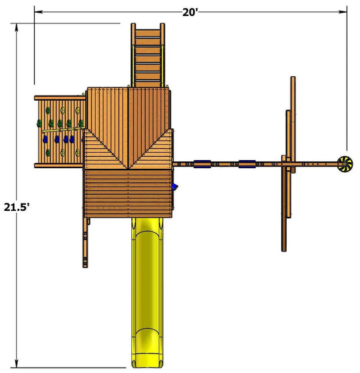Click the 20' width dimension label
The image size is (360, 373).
pyautogui.click(x=190, y=13)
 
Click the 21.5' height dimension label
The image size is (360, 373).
pyautogui.click(x=17, y=208)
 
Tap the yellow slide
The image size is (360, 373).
pyautogui.click(x=147, y=292)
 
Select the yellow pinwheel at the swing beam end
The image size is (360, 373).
pyautogui.click(x=345, y=164)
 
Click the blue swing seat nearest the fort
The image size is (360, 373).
pyautogui.click(x=202, y=164)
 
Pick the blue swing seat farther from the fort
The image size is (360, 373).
pyautogui.click(x=247, y=164)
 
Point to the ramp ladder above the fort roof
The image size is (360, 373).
pyautogui.click(x=148, y=55)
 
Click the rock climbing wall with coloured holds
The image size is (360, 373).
pyautogui.click(x=60, y=131)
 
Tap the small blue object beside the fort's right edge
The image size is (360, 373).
pyautogui.click(x=175, y=187)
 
